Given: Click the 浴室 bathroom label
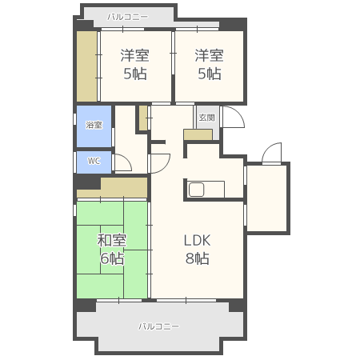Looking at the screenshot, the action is pyautogui.click(x=94, y=125).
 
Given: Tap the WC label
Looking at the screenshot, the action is pyautogui.click(x=94, y=161).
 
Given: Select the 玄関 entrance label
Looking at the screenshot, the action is pyautogui.click(x=206, y=118).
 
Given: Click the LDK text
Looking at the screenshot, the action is pyautogui.click(x=198, y=240).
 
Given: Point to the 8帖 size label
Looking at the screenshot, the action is pyautogui.click(x=198, y=258).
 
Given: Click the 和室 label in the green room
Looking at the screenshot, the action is pyautogui.click(x=112, y=240).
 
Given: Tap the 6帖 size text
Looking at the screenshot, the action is pyautogui.click(x=112, y=258).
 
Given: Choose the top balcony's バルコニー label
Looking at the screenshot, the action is pyautogui.click(x=127, y=17).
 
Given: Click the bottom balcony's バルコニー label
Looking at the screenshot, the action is pyautogui.click(x=158, y=326).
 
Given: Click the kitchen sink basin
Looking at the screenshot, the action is pyautogui.click(x=197, y=190).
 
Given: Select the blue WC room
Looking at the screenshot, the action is pyautogui.click(x=94, y=162).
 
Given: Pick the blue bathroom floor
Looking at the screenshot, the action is pyautogui.click(x=94, y=126).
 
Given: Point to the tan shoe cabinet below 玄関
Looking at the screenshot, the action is pyautogui.click(x=198, y=134).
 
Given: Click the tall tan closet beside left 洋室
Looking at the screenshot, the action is pyautogui.click(x=87, y=66).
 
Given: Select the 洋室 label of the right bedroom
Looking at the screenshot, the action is pyautogui.click(x=209, y=55).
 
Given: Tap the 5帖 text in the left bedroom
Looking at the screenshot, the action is pyautogui.click(x=135, y=74).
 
